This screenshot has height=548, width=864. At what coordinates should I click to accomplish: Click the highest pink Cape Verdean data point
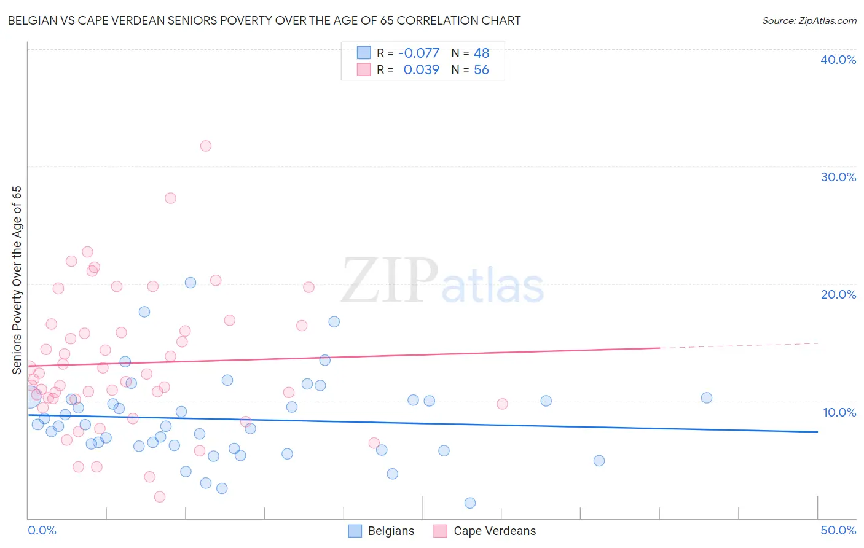pyautogui.click(x=206, y=146)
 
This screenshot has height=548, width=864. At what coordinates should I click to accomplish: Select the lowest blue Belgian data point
pyautogui.click(x=470, y=503)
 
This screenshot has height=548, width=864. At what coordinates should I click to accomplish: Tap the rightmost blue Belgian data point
pyautogui.click(x=707, y=397)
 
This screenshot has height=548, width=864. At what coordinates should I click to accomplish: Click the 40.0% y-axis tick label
pyautogui.click(x=838, y=60)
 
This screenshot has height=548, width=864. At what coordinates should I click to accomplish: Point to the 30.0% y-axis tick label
pyautogui.click(x=838, y=177)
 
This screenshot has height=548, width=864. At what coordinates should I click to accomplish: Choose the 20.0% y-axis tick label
pyautogui.click(x=838, y=294)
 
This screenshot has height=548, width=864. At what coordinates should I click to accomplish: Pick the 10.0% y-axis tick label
pyautogui.click(x=839, y=412)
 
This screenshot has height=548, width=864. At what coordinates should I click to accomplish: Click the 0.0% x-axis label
pyautogui.click(x=42, y=530)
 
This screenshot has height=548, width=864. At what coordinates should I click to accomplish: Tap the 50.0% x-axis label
pyautogui.click(x=838, y=530)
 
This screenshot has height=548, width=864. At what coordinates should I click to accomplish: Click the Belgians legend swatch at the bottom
pyautogui.click(x=355, y=531)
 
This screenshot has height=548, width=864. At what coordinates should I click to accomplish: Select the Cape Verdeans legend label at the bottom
pyautogui.click(x=495, y=531)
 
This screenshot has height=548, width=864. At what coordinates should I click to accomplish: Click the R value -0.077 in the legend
pyautogui.click(x=418, y=53)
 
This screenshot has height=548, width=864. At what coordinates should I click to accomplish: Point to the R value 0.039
pyautogui.click(x=421, y=70)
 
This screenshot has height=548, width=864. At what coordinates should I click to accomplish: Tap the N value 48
pyautogui.click(x=481, y=53)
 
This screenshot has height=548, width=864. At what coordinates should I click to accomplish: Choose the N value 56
pyautogui.click(x=481, y=70)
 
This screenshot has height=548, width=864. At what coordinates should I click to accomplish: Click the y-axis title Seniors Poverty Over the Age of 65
pyautogui.click(x=17, y=280)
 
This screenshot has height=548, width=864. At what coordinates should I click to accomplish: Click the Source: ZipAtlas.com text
pyautogui.click(x=809, y=21)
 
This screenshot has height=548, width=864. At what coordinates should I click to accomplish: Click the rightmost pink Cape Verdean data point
pyautogui.click(x=502, y=404)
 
